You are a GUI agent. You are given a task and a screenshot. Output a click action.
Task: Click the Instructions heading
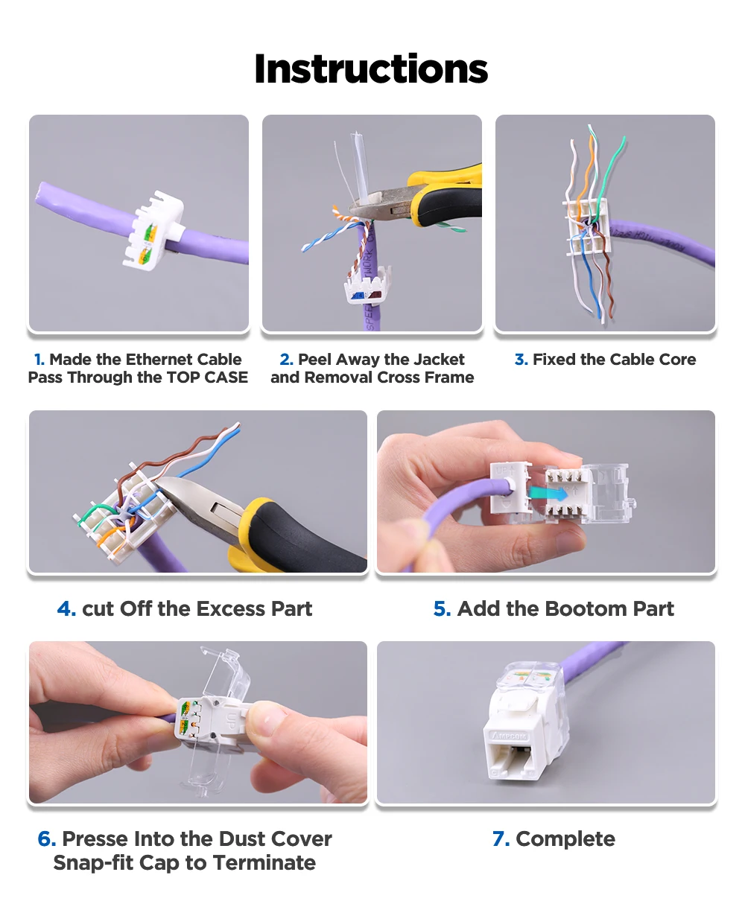point(371,69)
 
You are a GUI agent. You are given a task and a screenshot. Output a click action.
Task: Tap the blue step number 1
point(39,360)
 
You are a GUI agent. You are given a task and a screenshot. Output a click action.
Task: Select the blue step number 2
point(286,360)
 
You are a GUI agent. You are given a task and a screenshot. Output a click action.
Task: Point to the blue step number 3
point(521,360)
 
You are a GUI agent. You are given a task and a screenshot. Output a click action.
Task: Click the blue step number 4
point(67,608)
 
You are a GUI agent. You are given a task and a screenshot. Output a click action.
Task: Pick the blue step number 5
point(443,608)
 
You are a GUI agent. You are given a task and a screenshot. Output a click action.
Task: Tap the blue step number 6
point(47,838)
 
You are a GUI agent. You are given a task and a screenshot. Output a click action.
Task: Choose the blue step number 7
point(501,838)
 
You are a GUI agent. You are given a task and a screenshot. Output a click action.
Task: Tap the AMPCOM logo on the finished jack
point(510,736)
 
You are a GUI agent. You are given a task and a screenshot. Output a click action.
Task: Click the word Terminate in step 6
point(264,863)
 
